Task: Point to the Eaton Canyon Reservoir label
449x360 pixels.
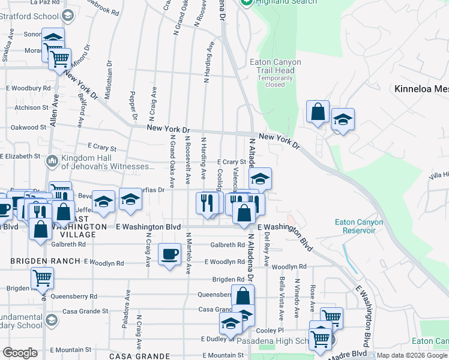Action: point(358,226)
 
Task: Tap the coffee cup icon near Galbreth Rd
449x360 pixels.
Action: point(169,254)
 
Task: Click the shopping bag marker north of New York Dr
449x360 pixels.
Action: point(318,112)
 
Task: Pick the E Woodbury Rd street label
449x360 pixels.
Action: point(28,88)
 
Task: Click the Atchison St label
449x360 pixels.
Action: point(31,108)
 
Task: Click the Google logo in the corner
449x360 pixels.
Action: point(19,353)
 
